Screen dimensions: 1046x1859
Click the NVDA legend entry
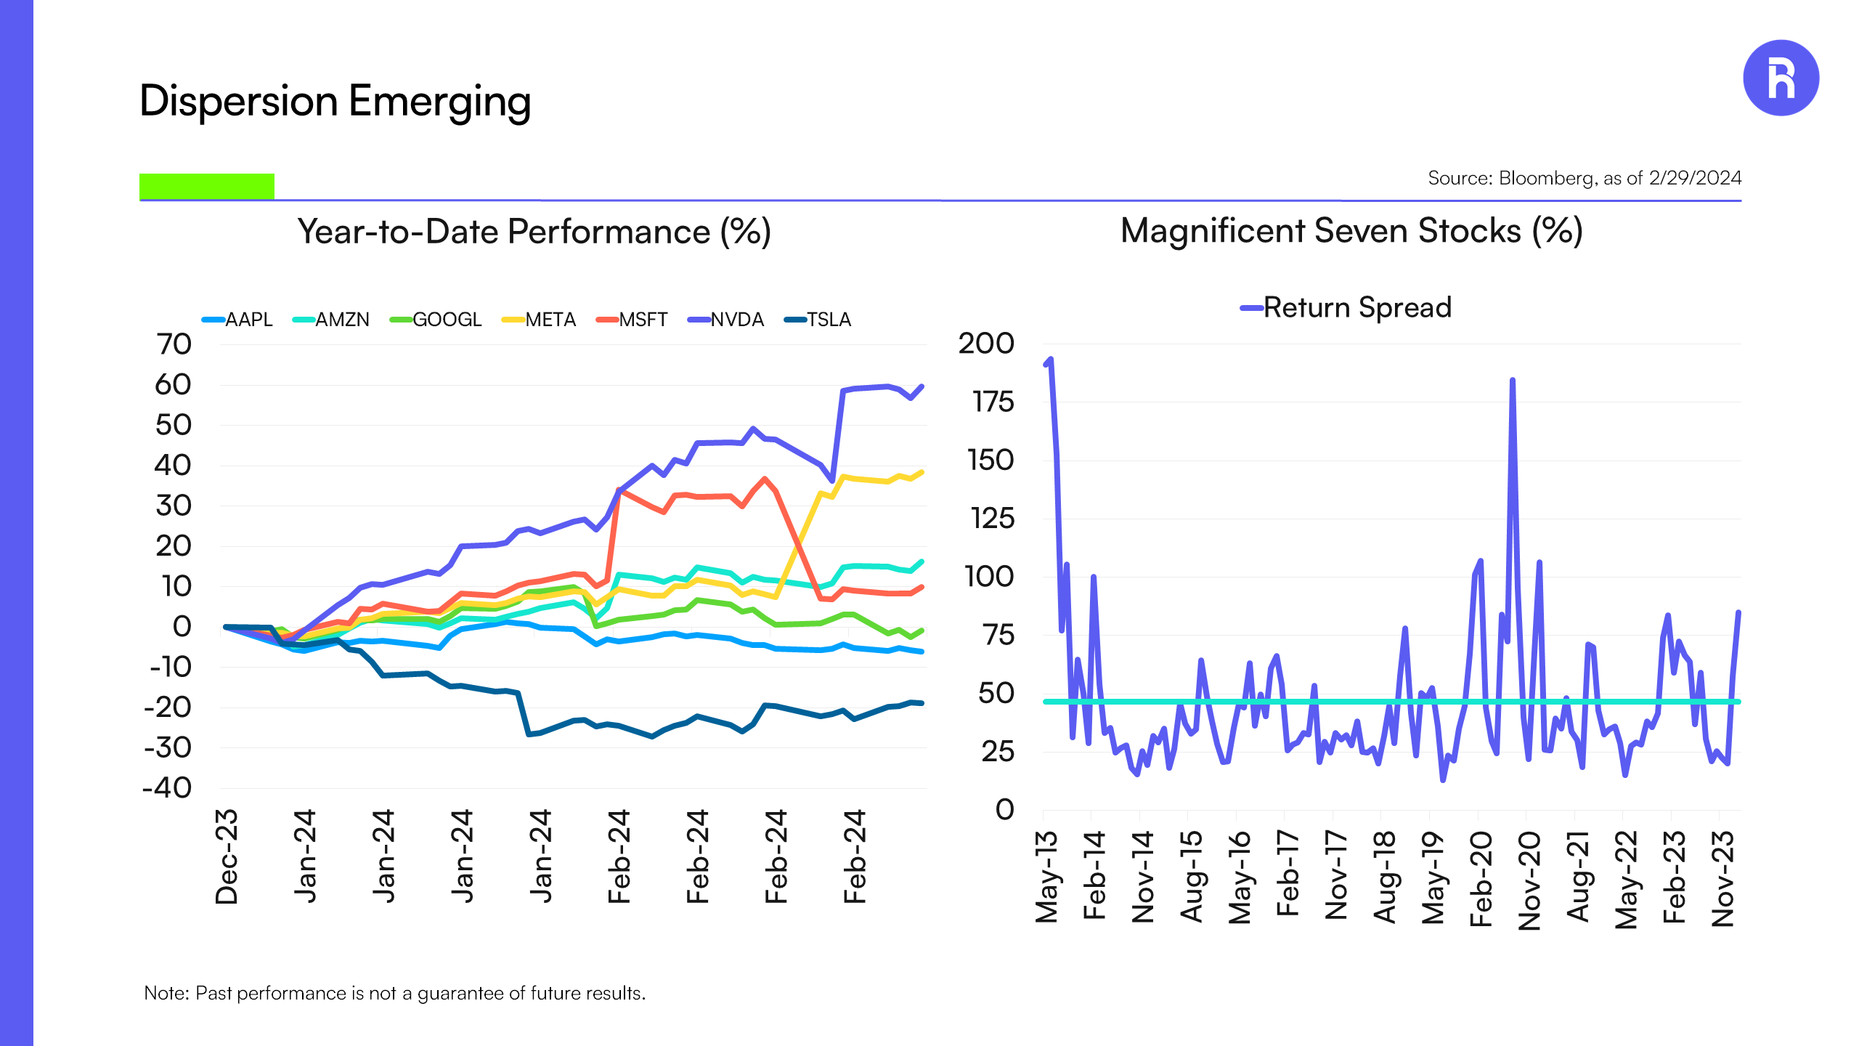(727, 320)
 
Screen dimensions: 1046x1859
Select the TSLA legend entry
(819, 320)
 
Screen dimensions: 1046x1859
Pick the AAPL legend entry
(238, 320)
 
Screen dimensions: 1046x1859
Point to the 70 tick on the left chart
(174, 344)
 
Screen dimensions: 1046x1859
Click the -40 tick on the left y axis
(168, 788)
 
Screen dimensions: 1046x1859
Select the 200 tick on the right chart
(986, 344)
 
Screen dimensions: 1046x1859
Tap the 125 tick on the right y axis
(992, 519)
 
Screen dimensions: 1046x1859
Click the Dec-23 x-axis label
(227, 857)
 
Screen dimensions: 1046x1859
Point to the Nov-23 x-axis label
(1722, 879)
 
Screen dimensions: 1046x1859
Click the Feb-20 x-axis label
(1481, 879)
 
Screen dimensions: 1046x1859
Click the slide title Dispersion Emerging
(335, 101)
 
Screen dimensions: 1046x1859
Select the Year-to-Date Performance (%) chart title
(534, 232)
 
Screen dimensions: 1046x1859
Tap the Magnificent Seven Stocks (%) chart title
(1351, 231)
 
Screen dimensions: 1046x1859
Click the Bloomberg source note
(1584, 178)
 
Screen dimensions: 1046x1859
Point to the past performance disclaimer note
(394, 993)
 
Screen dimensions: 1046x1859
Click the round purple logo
(1781, 78)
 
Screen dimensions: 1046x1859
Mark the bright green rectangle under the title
(207, 186)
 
